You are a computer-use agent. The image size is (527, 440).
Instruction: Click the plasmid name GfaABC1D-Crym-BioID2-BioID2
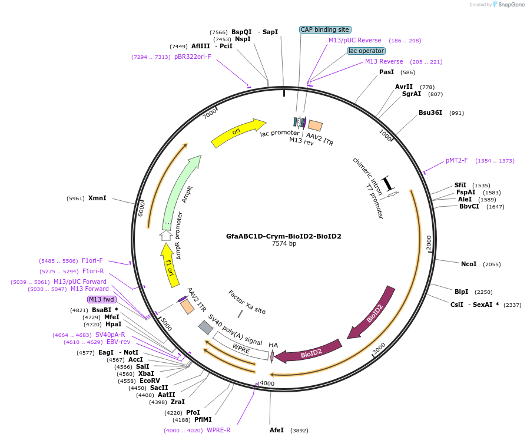coord(283,236)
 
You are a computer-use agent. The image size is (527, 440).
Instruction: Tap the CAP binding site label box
coord(326,29)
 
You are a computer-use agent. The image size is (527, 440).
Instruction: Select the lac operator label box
coord(366,51)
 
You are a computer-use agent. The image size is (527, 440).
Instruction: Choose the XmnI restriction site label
coord(97,198)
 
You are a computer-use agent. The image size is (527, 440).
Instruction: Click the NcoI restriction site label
coord(469,264)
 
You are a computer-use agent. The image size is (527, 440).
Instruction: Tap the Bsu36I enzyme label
coord(430,113)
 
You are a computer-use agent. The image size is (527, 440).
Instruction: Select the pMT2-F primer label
coord(457,160)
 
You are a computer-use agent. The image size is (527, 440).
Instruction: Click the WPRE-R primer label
coord(218,430)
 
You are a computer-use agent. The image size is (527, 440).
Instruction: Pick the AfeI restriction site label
coord(277,430)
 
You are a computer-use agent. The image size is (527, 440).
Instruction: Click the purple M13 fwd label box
coord(102,299)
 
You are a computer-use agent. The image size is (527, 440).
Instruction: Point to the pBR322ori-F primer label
coord(193,57)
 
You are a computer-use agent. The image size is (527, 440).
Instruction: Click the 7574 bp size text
coord(283,243)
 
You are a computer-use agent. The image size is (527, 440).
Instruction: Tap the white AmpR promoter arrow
coord(166,236)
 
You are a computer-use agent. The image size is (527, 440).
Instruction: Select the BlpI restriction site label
coord(462,292)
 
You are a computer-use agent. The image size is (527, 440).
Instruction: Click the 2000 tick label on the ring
coord(429,241)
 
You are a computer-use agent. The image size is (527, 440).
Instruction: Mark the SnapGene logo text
coord(511,5)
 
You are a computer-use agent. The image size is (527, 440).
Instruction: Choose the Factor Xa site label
coord(247,302)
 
